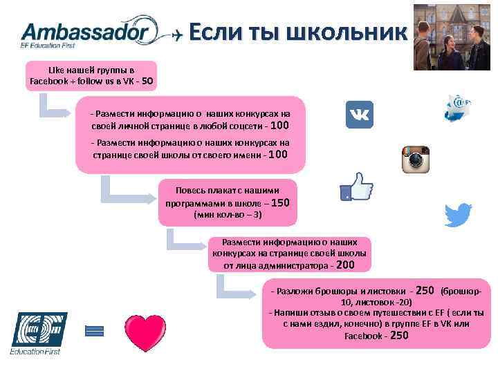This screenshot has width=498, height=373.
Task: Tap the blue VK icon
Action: [x=360, y=115]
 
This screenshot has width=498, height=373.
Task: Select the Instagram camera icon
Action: [x=416, y=160]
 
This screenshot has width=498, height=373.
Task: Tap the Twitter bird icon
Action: [x=459, y=216]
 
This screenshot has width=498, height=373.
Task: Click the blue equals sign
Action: [x=94, y=331]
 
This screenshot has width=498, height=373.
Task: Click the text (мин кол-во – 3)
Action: [x=227, y=216]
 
